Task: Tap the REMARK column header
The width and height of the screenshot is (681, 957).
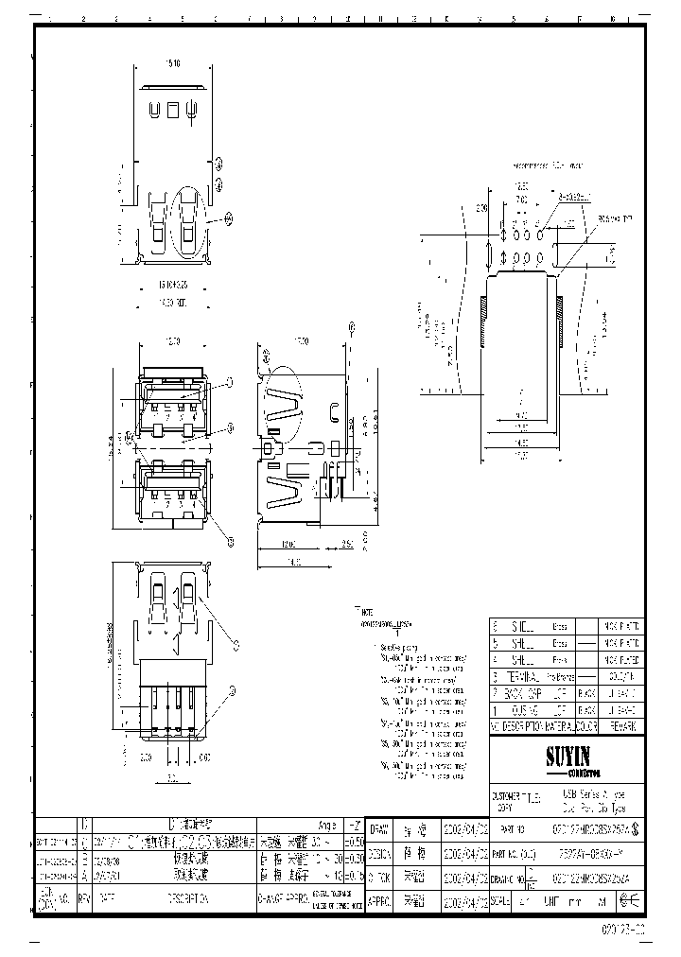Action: pyautogui.click(x=622, y=725)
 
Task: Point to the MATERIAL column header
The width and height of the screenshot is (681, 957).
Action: pyautogui.click(x=560, y=725)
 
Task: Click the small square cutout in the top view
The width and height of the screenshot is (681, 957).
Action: pyautogui.click(x=173, y=110)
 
